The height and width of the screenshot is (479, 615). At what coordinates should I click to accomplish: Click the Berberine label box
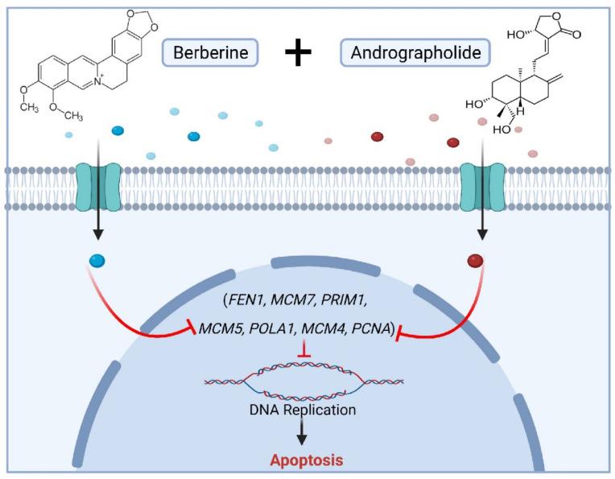(213, 55)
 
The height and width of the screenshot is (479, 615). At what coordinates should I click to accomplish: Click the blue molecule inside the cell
(97, 261)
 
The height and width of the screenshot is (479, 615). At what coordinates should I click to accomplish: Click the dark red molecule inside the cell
(475, 261)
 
